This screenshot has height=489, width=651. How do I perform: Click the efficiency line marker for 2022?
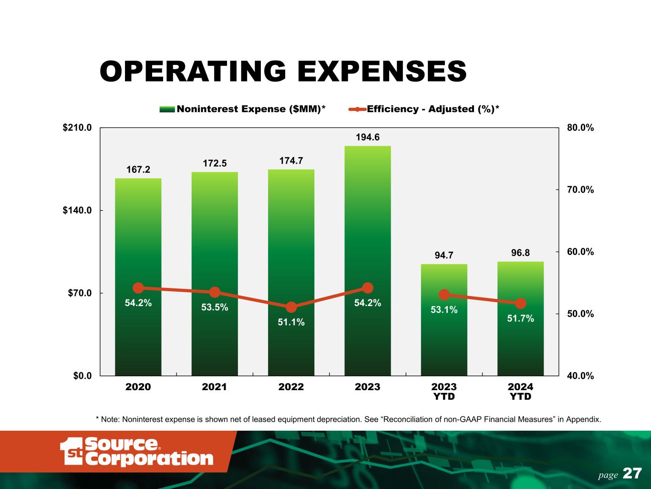click(291, 307)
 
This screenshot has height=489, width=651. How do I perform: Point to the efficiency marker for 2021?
click(215, 292)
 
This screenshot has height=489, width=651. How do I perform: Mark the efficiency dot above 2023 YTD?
click(444, 295)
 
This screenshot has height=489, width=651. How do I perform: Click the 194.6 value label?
click(367, 138)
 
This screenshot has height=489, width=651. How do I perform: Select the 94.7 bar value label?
click(444, 255)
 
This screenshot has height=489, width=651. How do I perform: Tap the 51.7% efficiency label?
click(520, 318)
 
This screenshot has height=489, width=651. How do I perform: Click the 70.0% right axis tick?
click(580, 190)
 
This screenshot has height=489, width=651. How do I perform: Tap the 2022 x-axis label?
click(291, 387)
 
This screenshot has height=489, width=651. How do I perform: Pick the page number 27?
click(632, 474)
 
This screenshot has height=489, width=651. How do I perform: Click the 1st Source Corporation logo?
click(136, 452)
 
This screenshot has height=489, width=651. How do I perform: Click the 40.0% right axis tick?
click(580, 376)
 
